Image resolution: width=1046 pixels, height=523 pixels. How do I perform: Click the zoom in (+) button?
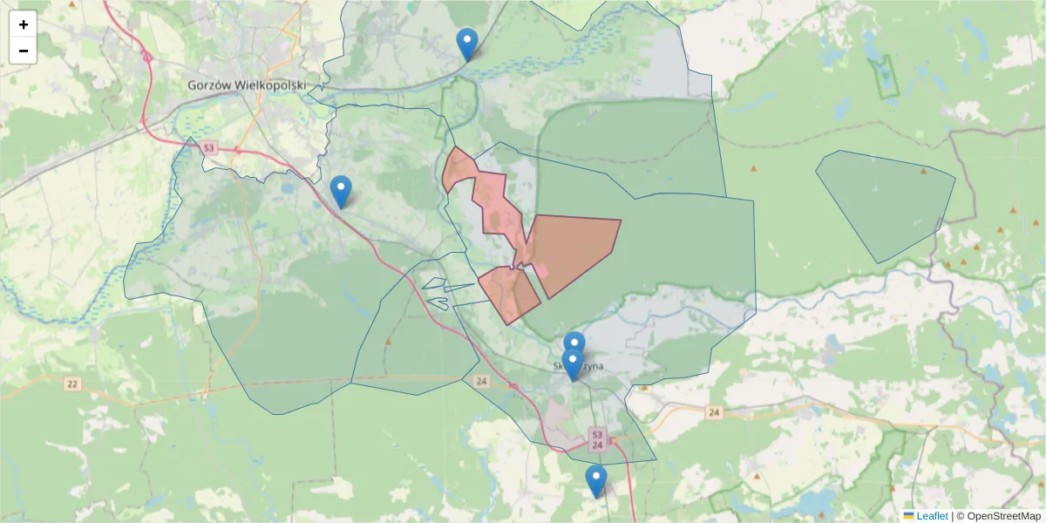click(x=24, y=24)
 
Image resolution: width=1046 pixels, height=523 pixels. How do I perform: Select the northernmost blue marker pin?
click(x=467, y=44)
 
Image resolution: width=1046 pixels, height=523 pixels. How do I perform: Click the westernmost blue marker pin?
click(x=341, y=192)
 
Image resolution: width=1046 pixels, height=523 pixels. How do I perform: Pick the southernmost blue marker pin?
click(x=595, y=480)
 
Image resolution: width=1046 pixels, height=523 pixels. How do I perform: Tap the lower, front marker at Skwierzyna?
click(x=572, y=364)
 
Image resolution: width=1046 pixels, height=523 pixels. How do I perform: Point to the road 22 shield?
click(x=71, y=384)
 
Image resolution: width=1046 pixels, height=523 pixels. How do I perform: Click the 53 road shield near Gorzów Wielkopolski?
click(x=207, y=148)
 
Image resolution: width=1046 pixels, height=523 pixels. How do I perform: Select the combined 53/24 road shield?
click(x=597, y=439)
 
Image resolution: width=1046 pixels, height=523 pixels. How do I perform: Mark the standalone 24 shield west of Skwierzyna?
click(x=482, y=381)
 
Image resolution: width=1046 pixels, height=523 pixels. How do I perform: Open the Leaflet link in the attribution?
click(x=932, y=516)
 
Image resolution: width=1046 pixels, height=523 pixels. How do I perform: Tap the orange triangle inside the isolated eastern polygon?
click(x=922, y=171)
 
